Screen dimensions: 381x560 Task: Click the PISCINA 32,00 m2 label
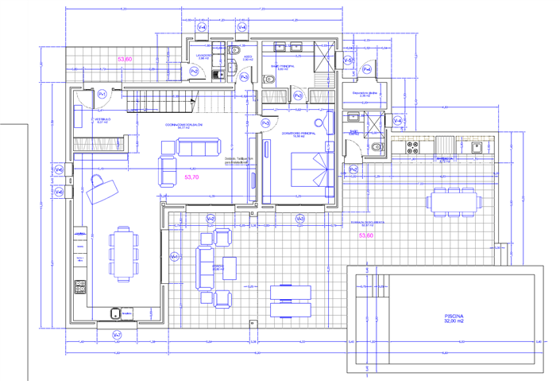tap(454, 318)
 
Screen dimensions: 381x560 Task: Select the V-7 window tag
tap(117, 334)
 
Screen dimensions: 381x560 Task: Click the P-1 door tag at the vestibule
tap(102, 95)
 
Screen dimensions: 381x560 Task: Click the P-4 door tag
tap(366, 70)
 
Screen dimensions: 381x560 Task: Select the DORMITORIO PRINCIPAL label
tap(298, 134)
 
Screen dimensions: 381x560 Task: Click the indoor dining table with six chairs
tap(122, 254)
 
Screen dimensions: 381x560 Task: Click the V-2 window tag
tap(210, 218)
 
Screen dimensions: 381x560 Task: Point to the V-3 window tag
tap(299, 218)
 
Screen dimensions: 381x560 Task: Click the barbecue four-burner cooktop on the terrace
tap(413, 147)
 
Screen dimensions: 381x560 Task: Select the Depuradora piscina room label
tap(368, 93)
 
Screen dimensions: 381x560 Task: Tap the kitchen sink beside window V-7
tap(116, 313)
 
